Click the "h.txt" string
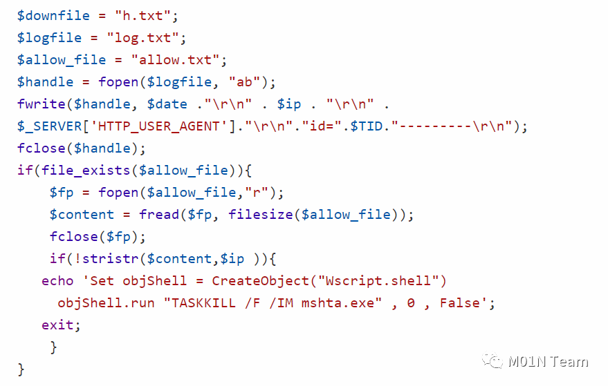142,16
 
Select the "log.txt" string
142,38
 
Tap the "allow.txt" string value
175,60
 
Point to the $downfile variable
53,16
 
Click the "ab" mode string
244,82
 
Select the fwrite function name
42,104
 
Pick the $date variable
167,104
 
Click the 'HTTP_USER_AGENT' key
159,126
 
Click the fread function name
159,215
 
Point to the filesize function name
261,215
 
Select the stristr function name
110,259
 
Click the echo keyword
57,280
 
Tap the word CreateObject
261,280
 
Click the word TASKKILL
203,302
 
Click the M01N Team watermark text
548,362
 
